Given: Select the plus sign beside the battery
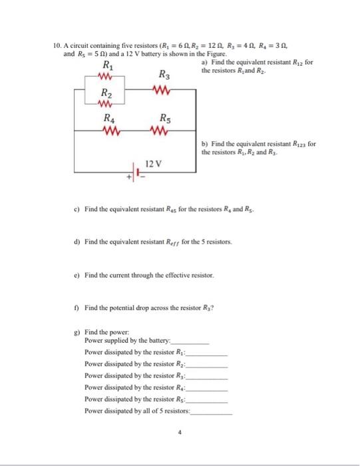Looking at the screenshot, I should [131, 178].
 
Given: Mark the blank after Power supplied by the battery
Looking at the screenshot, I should [190, 341].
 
